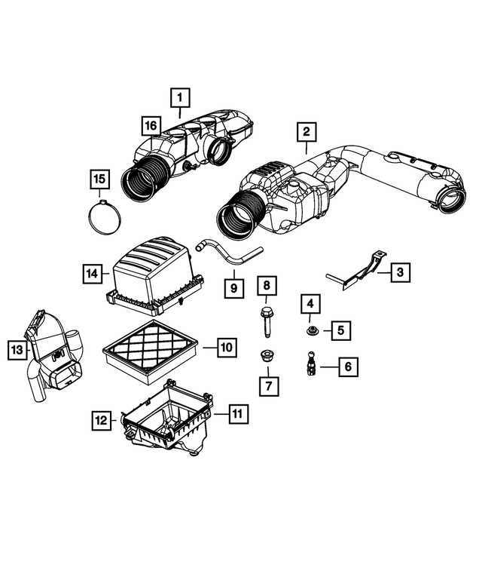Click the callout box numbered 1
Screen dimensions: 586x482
coord(180,97)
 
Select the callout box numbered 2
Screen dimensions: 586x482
coord(306,133)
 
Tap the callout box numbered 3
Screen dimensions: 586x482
coord(400,273)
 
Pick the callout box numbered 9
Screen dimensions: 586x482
coord(234,287)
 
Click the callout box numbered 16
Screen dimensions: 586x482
coord(150,124)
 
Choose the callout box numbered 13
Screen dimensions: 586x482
coord(17,349)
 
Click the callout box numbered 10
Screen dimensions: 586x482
coord(226,348)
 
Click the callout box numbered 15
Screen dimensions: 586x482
coord(99,179)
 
